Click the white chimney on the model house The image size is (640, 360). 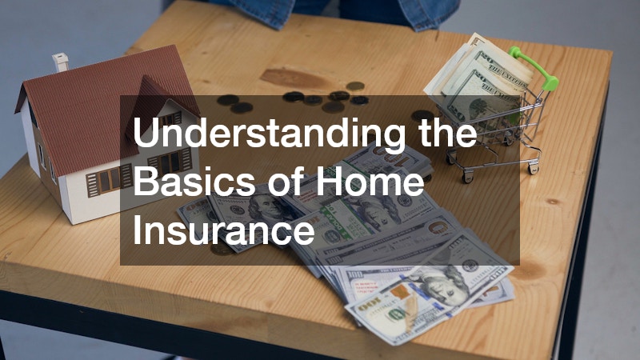(x=61, y=62)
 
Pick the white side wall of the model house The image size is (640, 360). (x=36, y=144)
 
